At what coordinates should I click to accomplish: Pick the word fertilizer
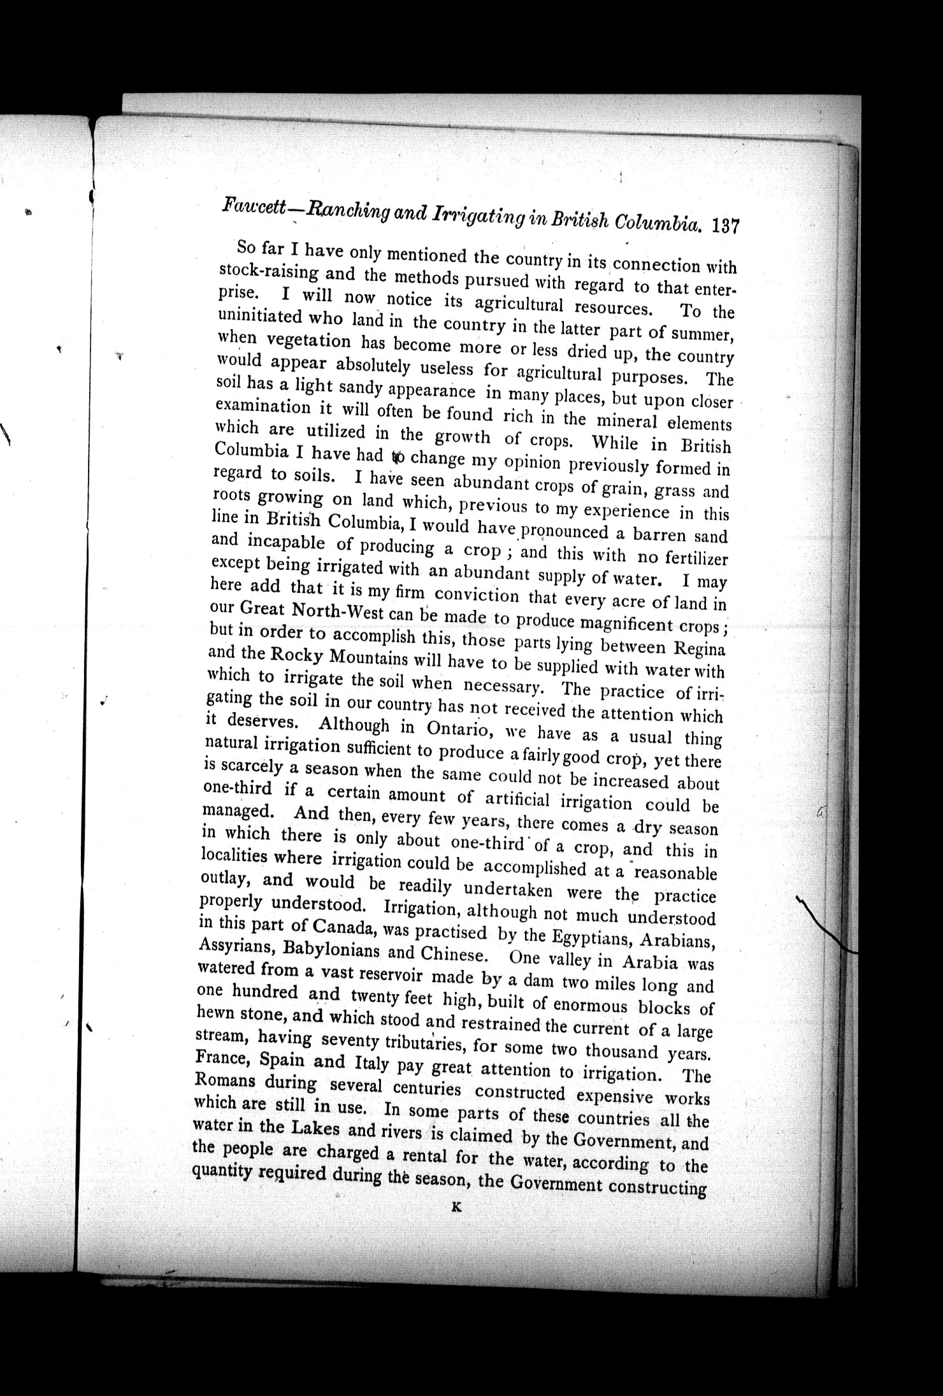696,559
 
